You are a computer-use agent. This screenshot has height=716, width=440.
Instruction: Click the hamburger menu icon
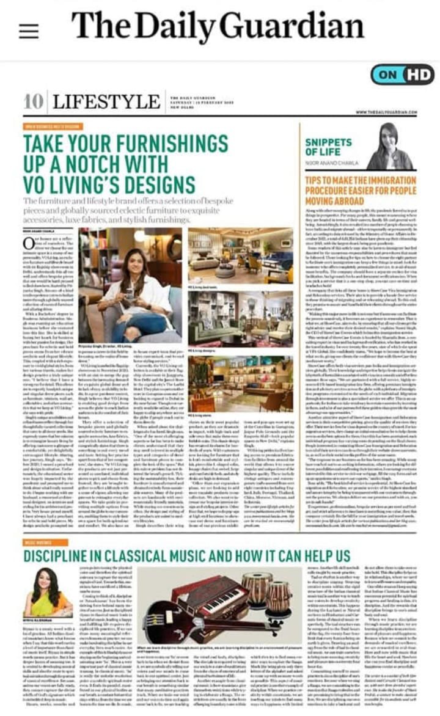click(29, 31)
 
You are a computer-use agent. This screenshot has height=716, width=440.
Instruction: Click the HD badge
click(418, 75)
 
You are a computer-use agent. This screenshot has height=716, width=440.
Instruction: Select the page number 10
click(33, 101)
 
